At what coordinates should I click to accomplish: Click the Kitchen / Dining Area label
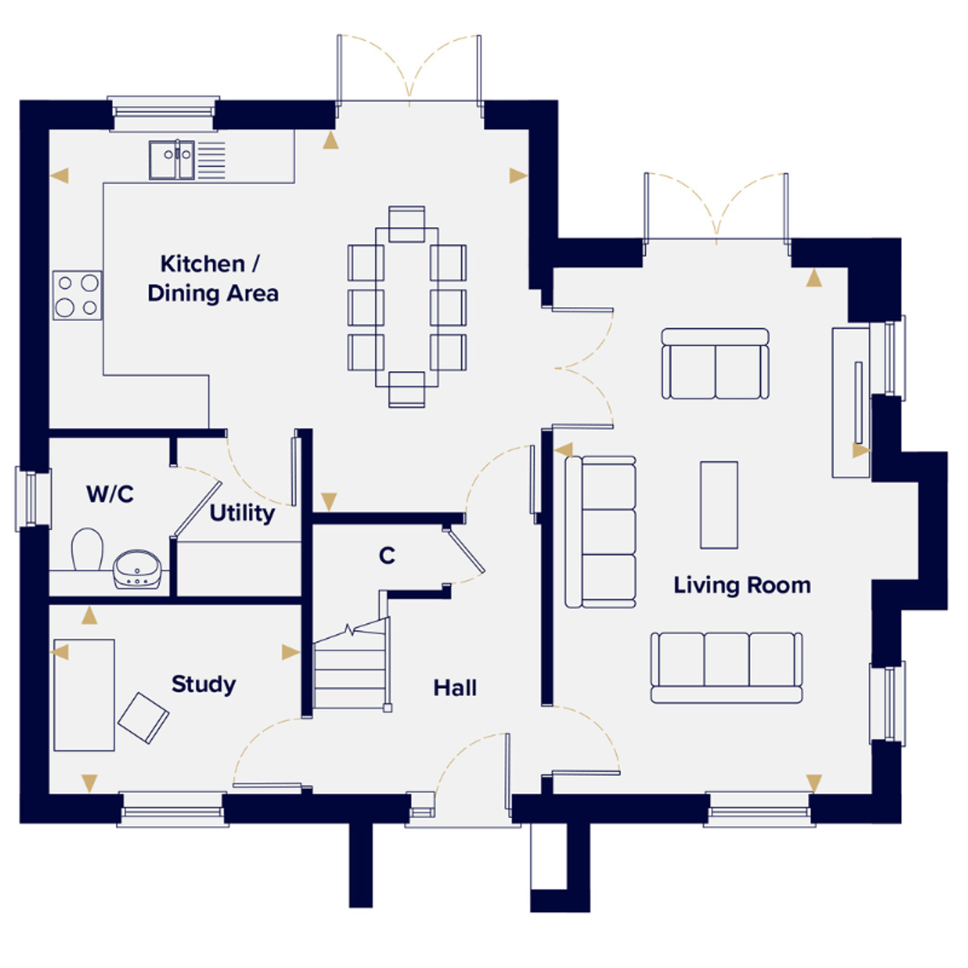pyautogui.click(x=213, y=279)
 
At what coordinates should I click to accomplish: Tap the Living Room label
pyautogui.click(x=742, y=586)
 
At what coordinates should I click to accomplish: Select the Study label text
pyautogui.click(x=203, y=685)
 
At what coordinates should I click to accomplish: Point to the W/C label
pyautogui.click(x=110, y=494)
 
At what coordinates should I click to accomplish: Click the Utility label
pyautogui.click(x=242, y=513)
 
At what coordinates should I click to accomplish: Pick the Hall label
pyautogui.click(x=455, y=688)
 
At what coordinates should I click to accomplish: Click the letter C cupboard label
pyautogui.click(x=387, y=556)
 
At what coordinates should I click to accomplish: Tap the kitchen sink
pyautogui.click(x=172, y=160)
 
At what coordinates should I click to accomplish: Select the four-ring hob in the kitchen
pyautogui.click(x=77, y=295)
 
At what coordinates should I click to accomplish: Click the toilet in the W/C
pyautogui.click(x=87, y=549)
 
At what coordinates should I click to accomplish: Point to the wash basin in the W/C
pyautogui.click(x=137, y=570)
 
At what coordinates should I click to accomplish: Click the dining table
pyautogui.click(x=407, y=307)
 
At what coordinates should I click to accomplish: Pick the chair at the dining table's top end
pyautogui.click(x=407, y=224)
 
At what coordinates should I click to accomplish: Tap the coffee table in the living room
pyautogui.click(x=719, y=505)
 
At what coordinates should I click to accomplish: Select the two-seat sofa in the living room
pyautogui.click(x=715, y=364)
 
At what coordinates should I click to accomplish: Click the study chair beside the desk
pyautogui.click(x=143, y=718)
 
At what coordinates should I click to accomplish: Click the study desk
pyautogui.click(x=85, y=695)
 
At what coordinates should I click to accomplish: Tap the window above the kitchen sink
pyautogui.click(x=163, y=114)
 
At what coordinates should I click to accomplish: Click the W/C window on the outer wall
pyautogui.click(x=33, y=499)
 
